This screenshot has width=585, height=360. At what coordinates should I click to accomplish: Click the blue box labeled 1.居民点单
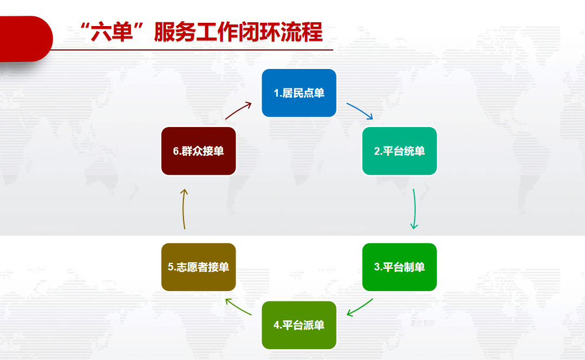pyautogui.click(x=299, y=93)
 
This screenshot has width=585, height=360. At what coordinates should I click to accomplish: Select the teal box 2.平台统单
pyautogui.click(x=399, y=151)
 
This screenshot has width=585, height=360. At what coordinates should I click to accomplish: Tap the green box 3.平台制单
pyautogui.click(x=399, y=267)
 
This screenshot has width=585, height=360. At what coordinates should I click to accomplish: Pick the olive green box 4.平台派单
pyautogui.click(x=299, y=325)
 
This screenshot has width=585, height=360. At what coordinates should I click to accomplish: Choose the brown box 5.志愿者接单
pyautogui.click(x=199, y=267)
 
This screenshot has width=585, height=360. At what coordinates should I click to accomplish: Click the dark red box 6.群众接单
pyautogui.click(x=199, y=151)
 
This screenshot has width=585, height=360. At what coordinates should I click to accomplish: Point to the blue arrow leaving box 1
pyautogui.click(x=360, y=110)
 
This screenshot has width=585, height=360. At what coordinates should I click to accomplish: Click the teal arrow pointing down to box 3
pyautogui.click(x=415, y=209)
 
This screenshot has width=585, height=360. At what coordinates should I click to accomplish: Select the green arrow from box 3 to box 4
pyautogui.click(x=360, y=308)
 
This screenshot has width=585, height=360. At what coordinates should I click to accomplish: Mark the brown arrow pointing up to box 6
pyautogui.click(x=184, y=209)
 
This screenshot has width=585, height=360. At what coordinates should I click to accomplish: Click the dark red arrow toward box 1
pyautogui.click(x=238, y=110)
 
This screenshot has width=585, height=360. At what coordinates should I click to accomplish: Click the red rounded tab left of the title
pyautogui.click(x=24, y=39)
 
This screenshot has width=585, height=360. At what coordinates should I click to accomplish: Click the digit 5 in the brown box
pyautogui.click(x=170, y=267)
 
